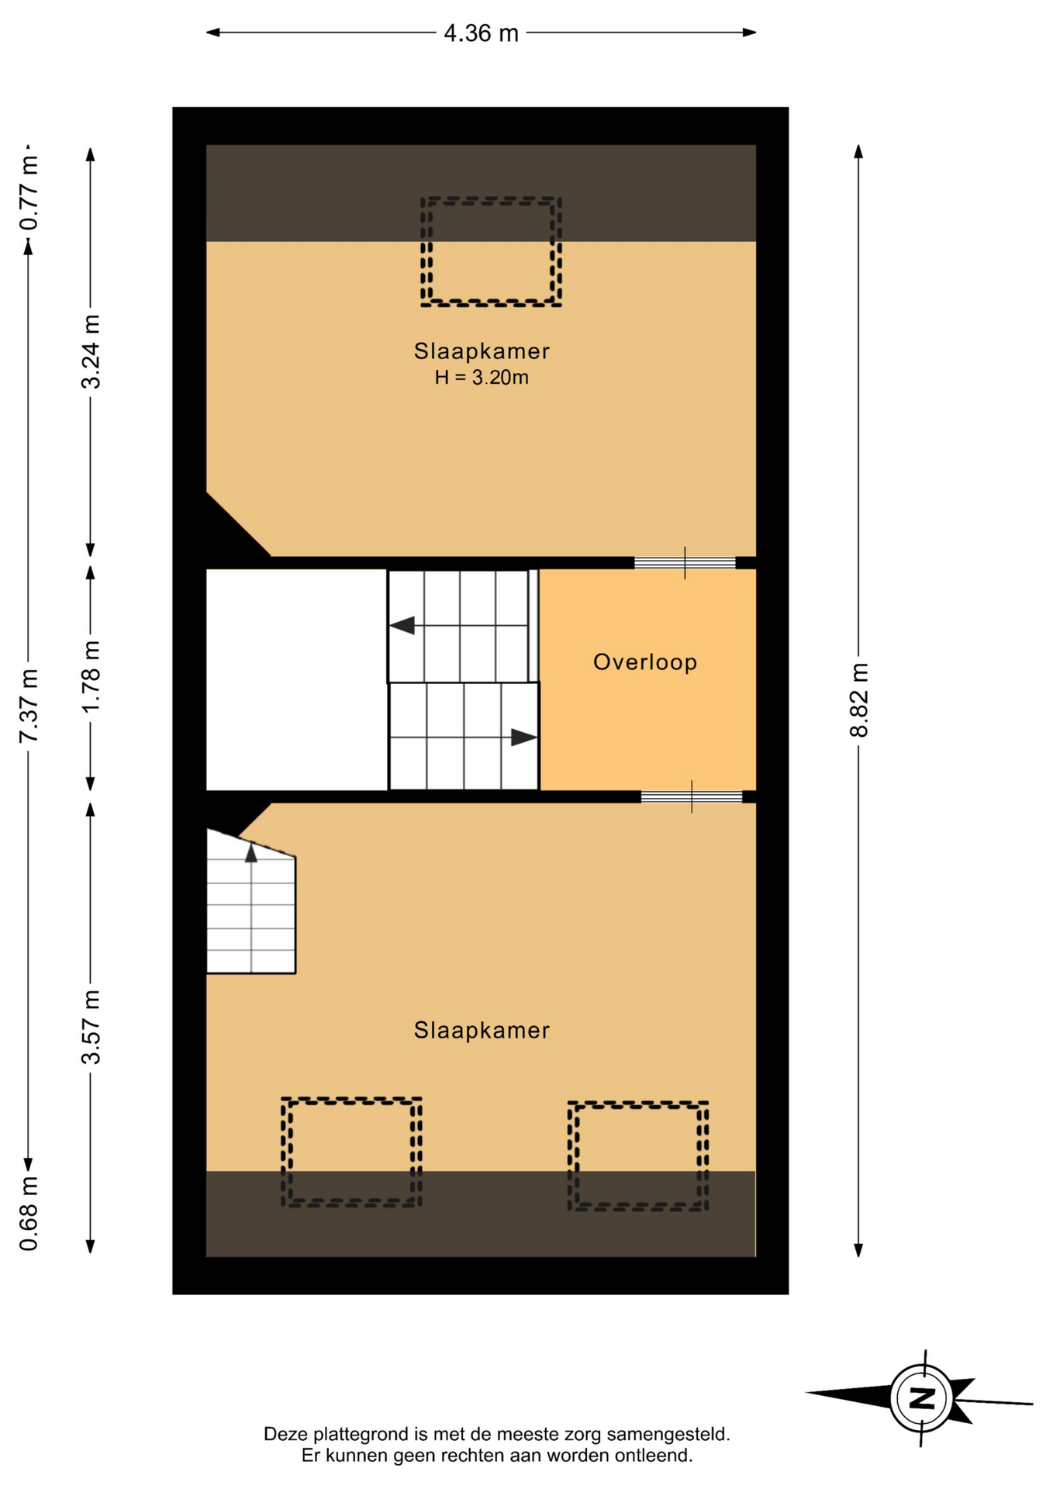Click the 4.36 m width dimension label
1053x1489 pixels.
click(481, 33)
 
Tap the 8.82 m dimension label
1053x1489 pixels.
click(858, 700)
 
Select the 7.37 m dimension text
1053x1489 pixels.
click(29, 705)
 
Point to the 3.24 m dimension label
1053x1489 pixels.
click(91, 351)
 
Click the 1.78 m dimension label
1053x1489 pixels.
click(91, 676)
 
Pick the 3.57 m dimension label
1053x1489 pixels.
click(91, 1027)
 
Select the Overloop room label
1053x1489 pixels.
click(645, 662)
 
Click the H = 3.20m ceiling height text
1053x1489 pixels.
click(482, 378)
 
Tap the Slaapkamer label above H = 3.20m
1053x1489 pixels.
click(482, 351)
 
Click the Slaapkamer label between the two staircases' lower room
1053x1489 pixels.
click(482, 1030)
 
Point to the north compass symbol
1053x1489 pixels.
click(920, 1397)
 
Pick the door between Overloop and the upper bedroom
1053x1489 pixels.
click(685, 563)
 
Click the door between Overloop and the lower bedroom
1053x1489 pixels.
click(692, 796)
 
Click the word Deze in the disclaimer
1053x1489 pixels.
click(282, 1434)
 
